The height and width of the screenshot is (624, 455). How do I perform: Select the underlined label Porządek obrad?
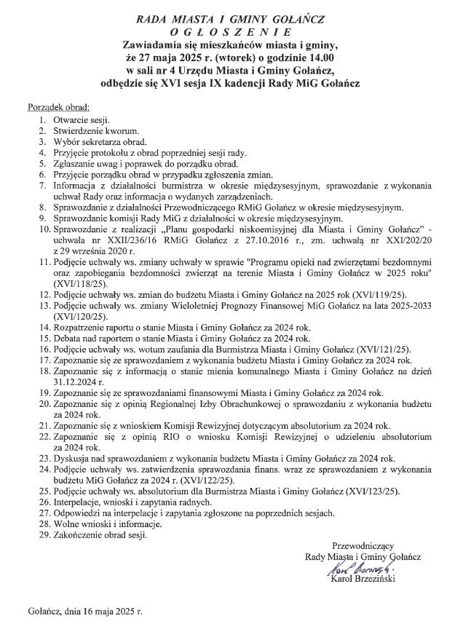pos(58,107)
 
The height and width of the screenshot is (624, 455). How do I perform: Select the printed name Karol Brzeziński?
pos(363,580)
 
